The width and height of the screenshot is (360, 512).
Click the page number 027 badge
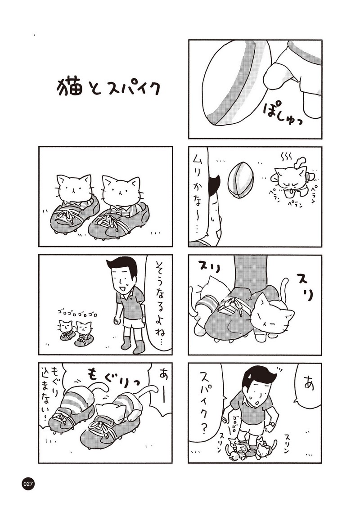pyautogui.click(x=28, y=484)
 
